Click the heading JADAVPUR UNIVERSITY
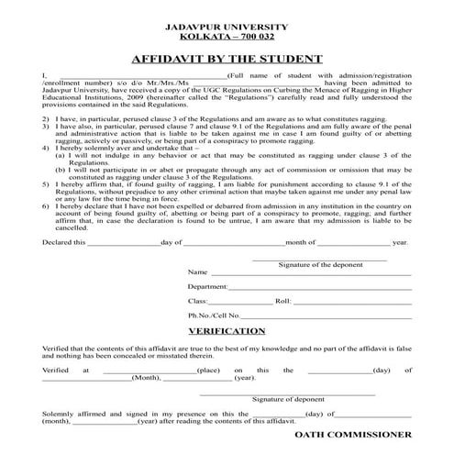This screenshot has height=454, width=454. point(227,28)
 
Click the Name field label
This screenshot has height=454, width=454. point(198,272)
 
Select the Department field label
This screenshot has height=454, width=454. point(207,287)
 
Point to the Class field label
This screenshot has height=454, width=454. point(198,301)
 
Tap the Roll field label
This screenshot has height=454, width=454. point(282,301)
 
